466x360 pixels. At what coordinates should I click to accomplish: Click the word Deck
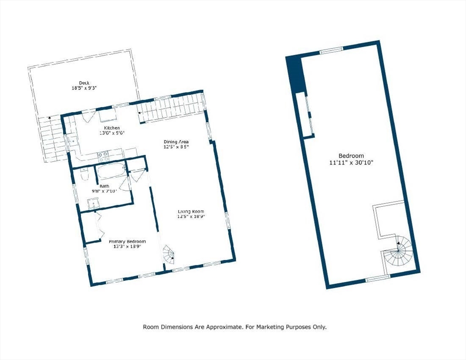(84, 83)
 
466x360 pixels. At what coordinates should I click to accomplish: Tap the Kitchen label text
(112, 128)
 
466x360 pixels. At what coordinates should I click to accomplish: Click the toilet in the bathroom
(84, 175)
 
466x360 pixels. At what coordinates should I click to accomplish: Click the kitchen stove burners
(103, 156)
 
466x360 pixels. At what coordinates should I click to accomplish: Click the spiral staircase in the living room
(168, 255)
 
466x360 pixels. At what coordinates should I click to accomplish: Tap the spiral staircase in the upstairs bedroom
(397, 253)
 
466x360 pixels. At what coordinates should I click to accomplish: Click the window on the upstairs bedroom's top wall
(331, 50)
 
